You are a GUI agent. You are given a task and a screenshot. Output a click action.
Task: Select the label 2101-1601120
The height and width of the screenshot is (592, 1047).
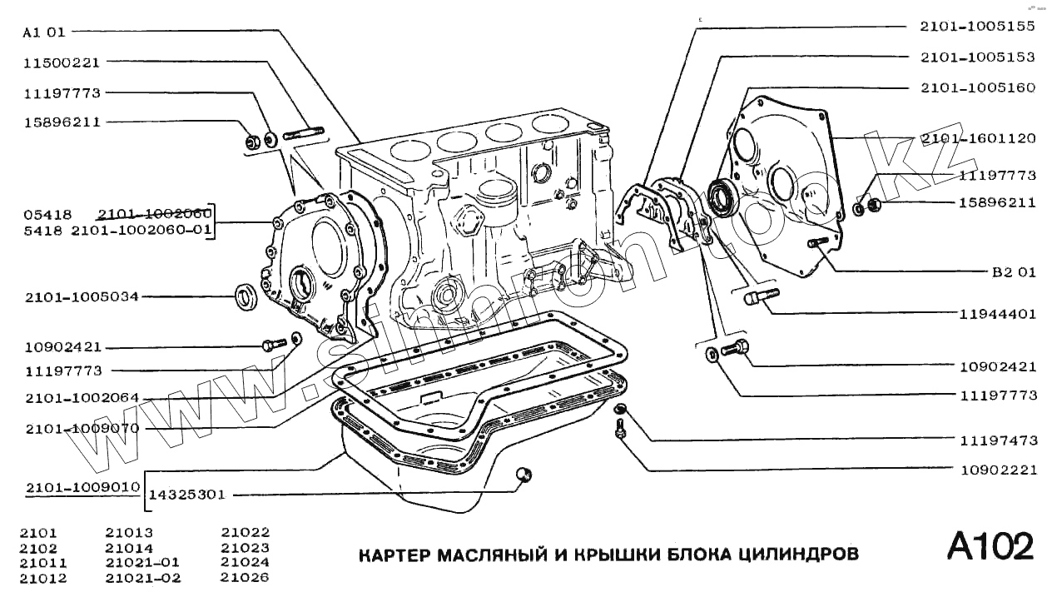[977, 138]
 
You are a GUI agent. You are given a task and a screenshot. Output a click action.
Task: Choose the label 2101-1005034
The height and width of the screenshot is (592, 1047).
[81, 296]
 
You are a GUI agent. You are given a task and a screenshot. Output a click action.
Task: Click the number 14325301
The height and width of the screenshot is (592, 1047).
[187, 495]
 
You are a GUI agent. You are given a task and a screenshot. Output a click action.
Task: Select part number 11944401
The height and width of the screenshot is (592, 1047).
[997, 314]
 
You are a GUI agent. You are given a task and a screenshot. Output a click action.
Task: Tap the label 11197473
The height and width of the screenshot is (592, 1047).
[997, 439]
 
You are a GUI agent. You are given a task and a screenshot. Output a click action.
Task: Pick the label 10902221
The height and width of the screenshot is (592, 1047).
[997, 469]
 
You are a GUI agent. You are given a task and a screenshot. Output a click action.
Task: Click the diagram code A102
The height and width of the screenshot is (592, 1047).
[990, 547]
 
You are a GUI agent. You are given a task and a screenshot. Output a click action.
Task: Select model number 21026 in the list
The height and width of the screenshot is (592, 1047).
[246, 578]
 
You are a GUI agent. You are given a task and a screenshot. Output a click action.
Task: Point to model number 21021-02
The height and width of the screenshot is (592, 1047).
[143, 578]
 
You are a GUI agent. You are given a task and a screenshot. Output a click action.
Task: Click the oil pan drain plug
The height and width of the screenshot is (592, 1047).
[523, 475]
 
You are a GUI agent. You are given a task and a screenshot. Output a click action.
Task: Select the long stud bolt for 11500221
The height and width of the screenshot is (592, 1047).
[303, 132]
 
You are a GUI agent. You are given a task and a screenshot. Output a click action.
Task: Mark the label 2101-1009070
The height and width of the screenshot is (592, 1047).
[81, 428]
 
